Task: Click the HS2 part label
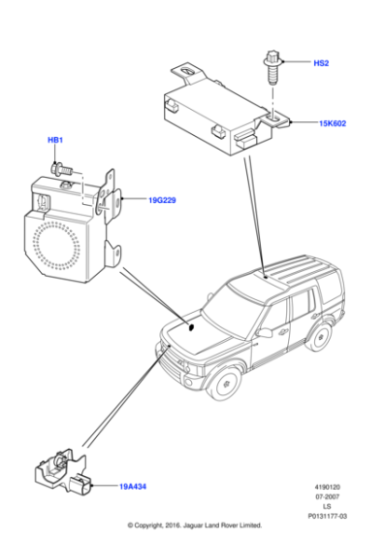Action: pos(321,63)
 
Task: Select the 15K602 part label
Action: pos(333,123)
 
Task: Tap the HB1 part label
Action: pos(55,141)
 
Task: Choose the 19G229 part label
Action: pos(162,200)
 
